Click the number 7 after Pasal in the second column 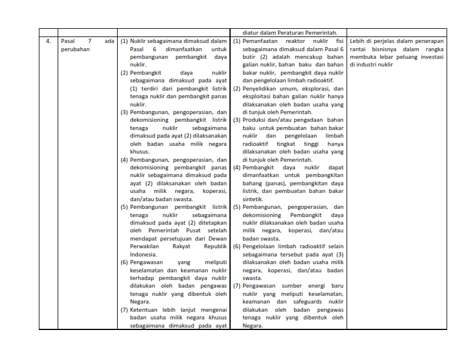click(x=90, y=41)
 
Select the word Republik click(x=214, y=246)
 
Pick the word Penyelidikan click(x=262, y=88)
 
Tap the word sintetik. click(x=254, y=199)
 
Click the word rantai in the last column click(x=358, y=49)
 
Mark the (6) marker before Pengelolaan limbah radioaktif click(x=237, y=246)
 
